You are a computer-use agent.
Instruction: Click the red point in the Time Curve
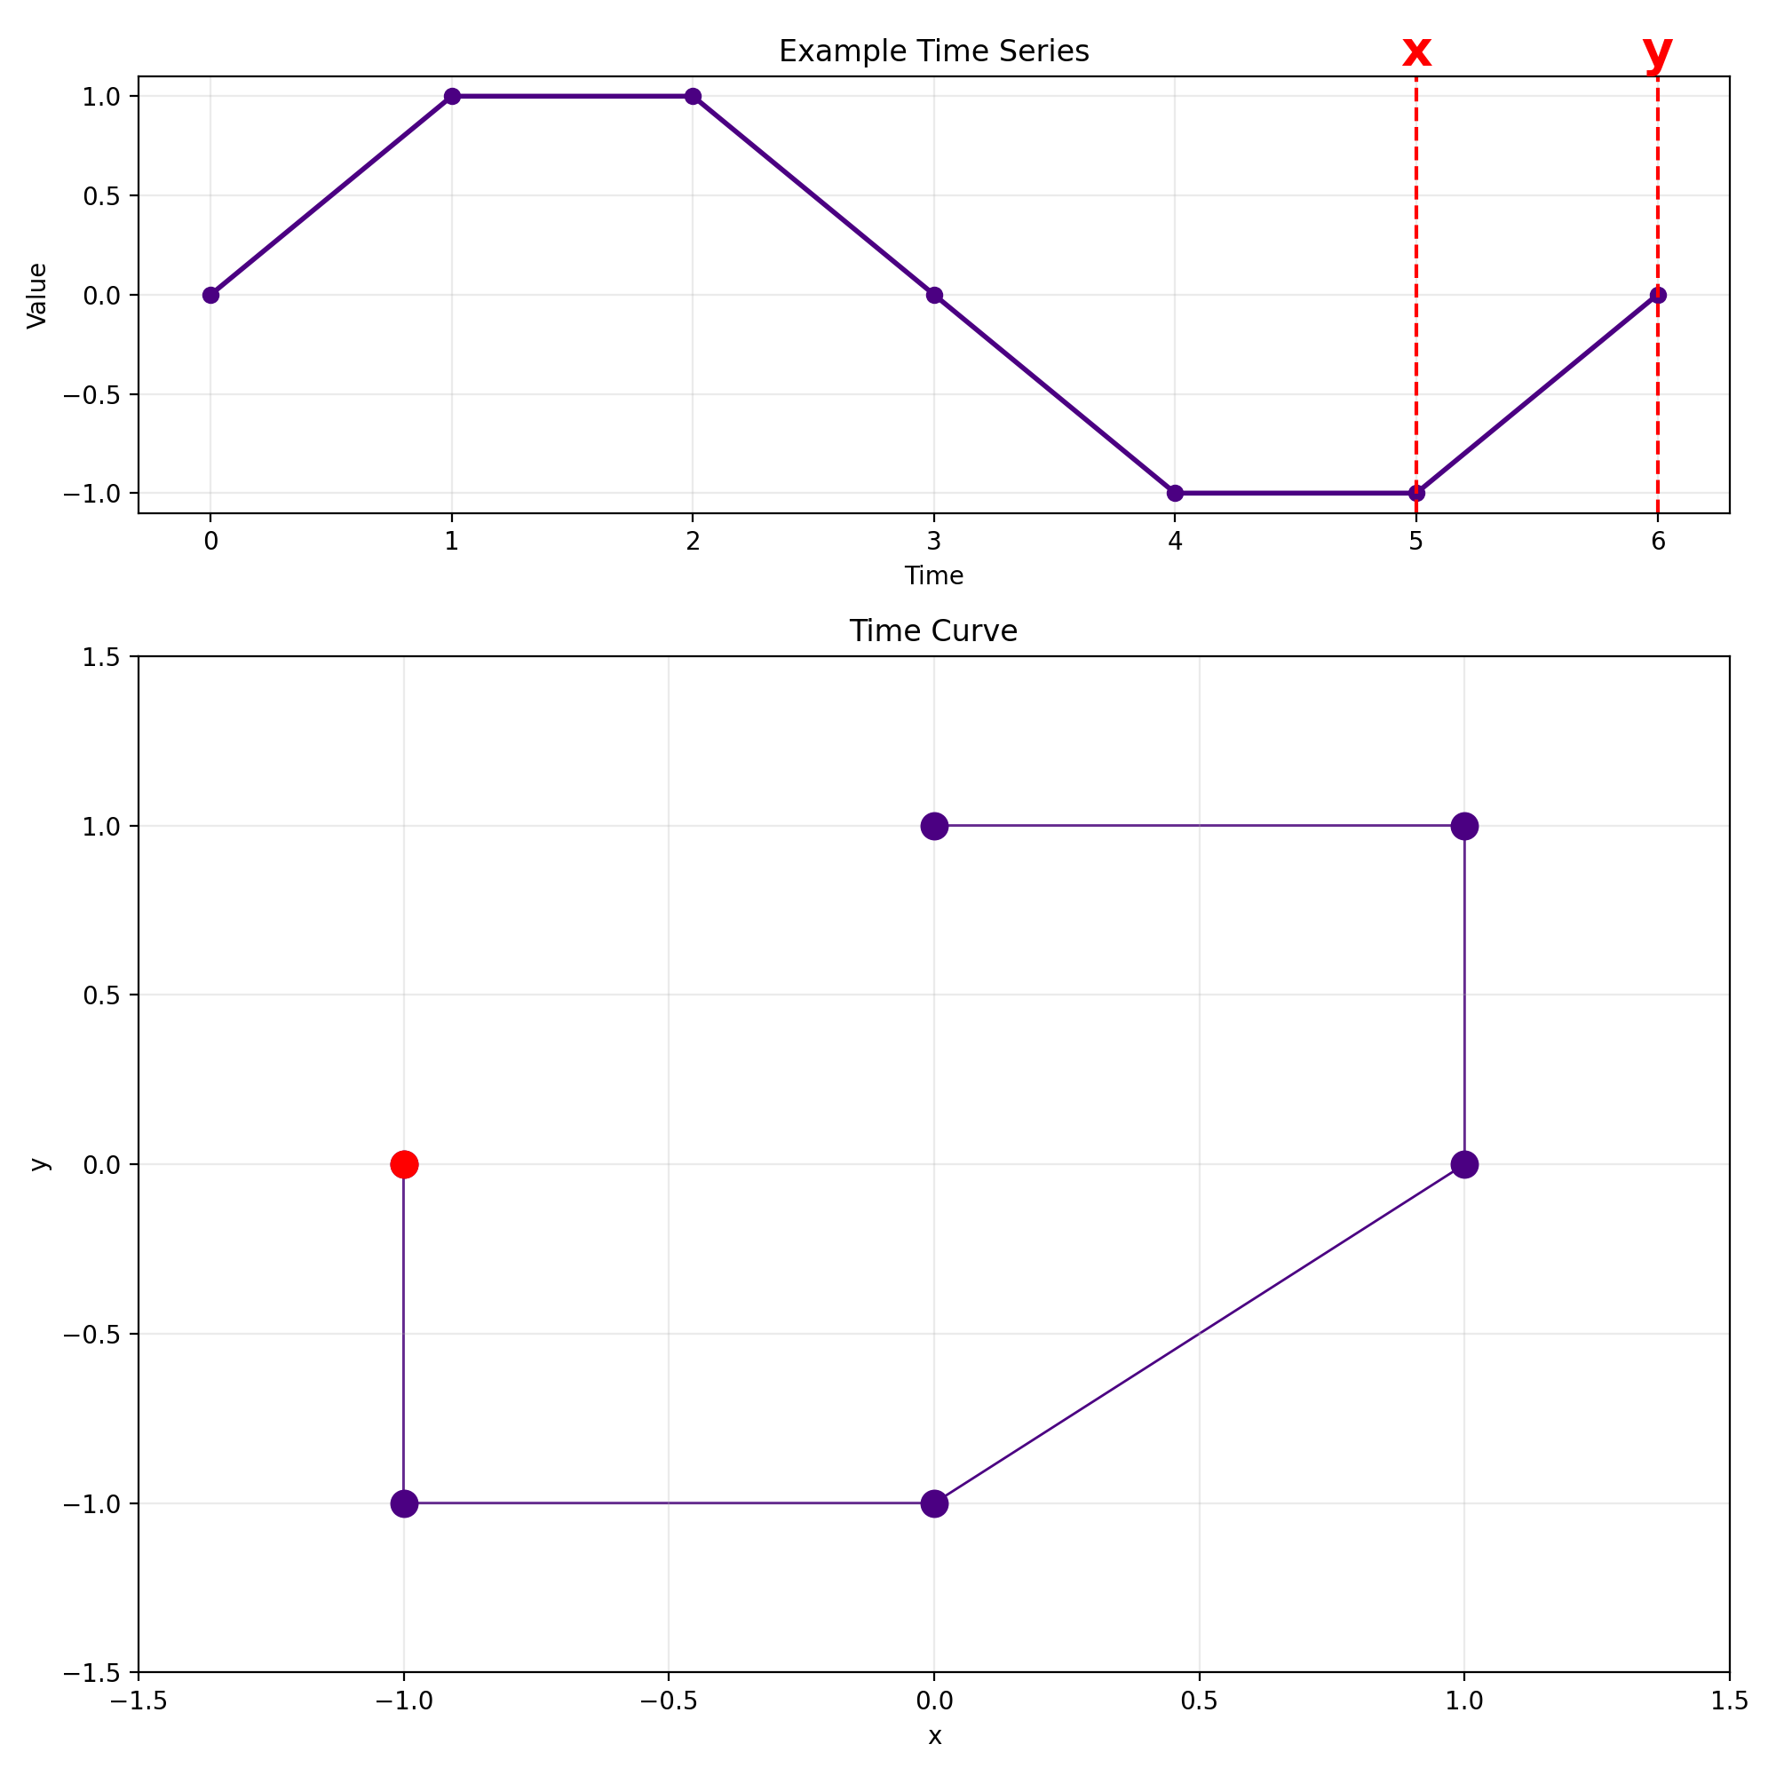tap(404, 1165)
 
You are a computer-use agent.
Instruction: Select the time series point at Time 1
tap(452, 97)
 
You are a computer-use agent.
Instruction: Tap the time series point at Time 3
tap(934, 295)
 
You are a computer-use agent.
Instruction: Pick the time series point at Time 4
tap(1175, 494)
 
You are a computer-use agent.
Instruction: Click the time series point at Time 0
tap(211, 295)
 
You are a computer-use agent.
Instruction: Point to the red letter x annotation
tap(1415, 52)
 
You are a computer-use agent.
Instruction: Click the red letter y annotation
tap(1657, 52)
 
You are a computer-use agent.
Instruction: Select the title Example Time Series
tap(934, 52)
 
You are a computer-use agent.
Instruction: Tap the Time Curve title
tap(933, 631)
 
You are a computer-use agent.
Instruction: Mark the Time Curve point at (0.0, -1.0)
tap(934, 1504)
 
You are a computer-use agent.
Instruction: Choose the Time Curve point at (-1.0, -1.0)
tap(404, 1504)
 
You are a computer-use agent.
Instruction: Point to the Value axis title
tap(37, 295)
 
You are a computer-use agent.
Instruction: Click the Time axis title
tap(934, 576)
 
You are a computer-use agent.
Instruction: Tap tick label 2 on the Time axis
tap(694, 542)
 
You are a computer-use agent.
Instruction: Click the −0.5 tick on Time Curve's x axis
tap(669, 1701)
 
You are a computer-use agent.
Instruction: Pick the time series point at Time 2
tap(694, 97)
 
